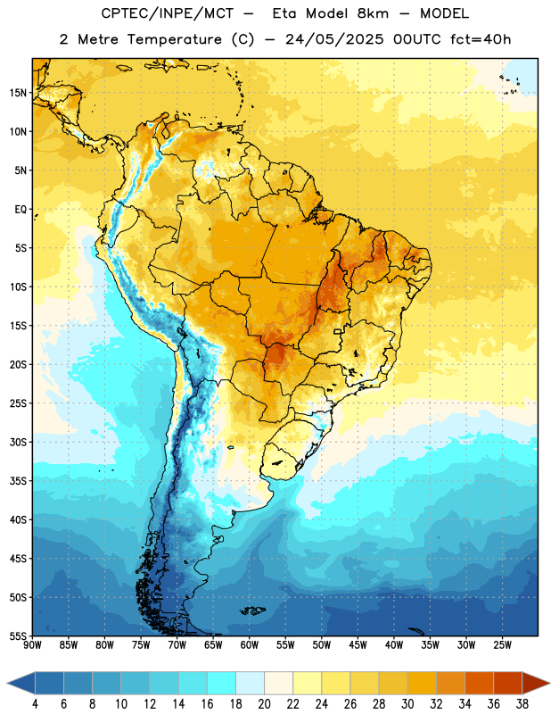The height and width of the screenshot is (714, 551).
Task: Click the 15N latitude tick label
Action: [x=18, y=93]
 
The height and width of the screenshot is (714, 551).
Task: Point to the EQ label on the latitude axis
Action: [x=21, y=210]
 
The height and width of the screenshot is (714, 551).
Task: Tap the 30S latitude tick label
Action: [x=18, y=442]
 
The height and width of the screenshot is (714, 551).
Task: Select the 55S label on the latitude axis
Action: [x=18, y=636]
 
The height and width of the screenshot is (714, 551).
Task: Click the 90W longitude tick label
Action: [x=32, y=645]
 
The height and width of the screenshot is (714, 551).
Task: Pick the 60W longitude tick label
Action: [x=250, y=645]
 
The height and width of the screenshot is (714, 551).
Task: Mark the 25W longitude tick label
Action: [x=502, y=645]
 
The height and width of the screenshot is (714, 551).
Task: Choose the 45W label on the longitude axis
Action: [x=358, y=645]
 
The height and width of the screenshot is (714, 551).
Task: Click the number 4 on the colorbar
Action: [x=35, y=704]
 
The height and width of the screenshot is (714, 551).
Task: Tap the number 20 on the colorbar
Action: [x=264, y=704]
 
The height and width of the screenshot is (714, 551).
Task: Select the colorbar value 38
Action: [x=522, y=704]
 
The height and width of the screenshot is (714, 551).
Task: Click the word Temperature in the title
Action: [x=174, y=39]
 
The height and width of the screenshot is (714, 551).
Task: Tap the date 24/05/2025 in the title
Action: [x=335, y=39]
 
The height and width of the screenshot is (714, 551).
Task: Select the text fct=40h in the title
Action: [x=481, y=39]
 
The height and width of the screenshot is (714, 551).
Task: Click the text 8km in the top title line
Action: [x=373, y=13]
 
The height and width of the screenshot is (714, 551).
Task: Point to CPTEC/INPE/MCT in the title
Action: [x=168, y=13]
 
